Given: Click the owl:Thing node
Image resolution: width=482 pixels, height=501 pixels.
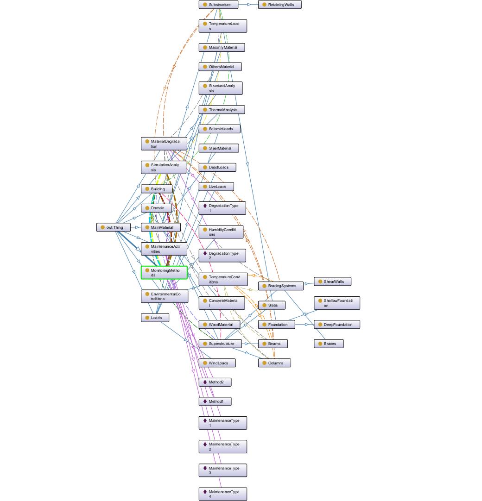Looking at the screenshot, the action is [114, 227].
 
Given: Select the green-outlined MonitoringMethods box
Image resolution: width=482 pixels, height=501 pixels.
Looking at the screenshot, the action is [164, 273].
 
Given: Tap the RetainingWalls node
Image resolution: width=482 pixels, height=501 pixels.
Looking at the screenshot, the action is [280, 5].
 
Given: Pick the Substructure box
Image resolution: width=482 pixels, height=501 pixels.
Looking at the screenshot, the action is [218, 5].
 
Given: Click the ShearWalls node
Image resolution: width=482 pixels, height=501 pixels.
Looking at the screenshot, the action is [333, 282].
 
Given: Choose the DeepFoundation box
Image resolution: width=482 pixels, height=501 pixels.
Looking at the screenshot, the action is [337, 325].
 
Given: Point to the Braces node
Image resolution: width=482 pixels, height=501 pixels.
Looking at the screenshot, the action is [329, 344].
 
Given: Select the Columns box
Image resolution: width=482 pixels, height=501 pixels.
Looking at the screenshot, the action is [274, 363].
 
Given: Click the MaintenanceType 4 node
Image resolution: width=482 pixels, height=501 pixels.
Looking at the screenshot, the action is [223, 495].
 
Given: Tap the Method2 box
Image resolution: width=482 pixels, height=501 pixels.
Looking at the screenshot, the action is [215, 382].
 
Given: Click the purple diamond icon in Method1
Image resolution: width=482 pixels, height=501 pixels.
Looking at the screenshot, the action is [205, 401].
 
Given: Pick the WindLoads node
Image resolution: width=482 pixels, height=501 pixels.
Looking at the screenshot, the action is [217, 363].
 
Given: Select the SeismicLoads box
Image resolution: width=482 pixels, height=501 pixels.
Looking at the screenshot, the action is [219, 129].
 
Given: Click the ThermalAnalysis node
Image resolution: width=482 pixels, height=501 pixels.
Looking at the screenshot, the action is [222, 110].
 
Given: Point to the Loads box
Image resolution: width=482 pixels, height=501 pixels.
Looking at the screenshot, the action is [155, 318].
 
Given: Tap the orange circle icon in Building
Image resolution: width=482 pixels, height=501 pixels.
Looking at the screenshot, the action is [147, 189].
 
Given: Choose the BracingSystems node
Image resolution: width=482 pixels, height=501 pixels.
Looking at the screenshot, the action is [281, 286].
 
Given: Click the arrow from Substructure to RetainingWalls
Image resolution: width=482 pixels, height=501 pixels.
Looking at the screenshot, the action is [248, 5].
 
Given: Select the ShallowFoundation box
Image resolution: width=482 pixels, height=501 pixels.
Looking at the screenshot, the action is [337, 303].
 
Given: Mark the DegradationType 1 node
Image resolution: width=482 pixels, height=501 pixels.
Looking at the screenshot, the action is [222, 208].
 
